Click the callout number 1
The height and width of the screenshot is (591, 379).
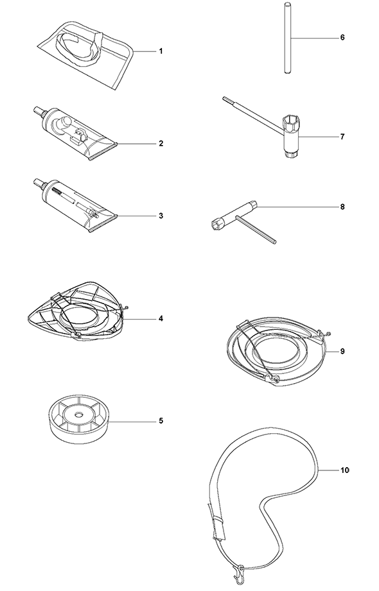(161, 51)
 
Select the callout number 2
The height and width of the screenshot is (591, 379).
(161, 144)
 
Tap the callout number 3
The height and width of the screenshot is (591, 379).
(161, 216)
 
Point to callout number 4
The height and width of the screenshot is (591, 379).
(161, 319)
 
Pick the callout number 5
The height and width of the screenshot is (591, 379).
(161, 421)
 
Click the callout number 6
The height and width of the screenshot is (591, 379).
(342, 38)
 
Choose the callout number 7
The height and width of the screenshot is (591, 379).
(342, 137)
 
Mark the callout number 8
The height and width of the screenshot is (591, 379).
(342, 207)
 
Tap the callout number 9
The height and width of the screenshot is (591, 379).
(342, 351)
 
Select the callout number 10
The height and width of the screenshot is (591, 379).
(345, 470)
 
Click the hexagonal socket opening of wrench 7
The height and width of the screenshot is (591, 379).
(290, 121)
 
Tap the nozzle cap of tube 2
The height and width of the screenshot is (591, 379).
(38, 111)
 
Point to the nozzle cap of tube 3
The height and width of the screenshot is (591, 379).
(38, 183)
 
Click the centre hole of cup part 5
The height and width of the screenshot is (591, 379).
(78, 415)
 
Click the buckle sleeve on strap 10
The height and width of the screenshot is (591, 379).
(218, 521)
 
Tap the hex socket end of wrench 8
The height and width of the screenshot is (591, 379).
(216, 225)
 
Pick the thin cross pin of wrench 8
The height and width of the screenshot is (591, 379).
(256, 229)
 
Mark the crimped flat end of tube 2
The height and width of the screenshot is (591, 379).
(102, 151)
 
